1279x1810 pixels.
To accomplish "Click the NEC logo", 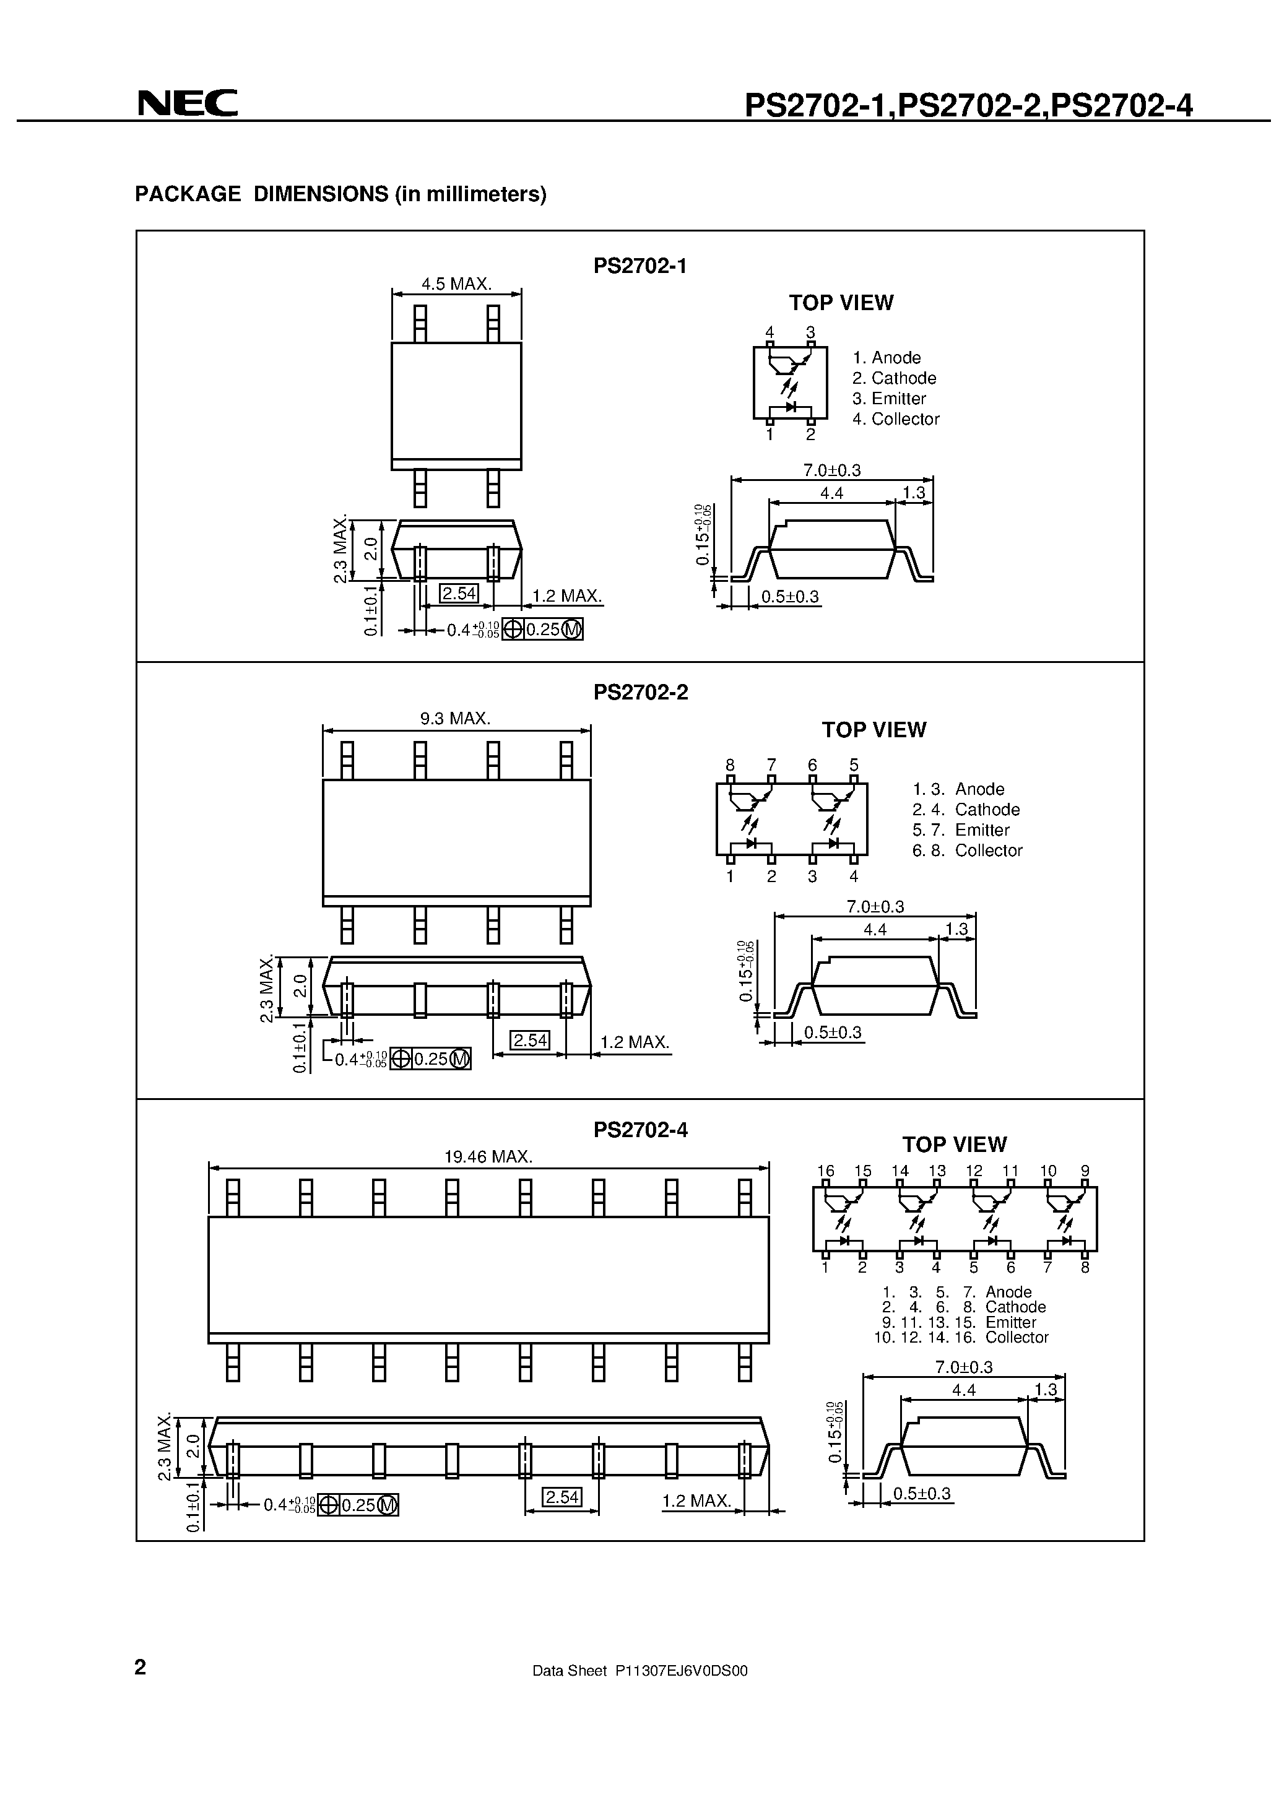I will pyautogui.click(x=187, y=103).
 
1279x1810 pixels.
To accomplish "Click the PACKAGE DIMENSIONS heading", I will pyautogui.click(x=340, y=194).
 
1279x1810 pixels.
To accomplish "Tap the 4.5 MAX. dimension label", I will pyautogui.click(x=456, y=284).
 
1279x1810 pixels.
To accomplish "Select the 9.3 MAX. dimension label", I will pyautogui.click(x=455, y=718).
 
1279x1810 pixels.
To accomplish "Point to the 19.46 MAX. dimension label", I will pyautogui.click(x=488, y=1156).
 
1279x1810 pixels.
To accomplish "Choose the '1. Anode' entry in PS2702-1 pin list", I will pyautogui.click(x=887, y=358).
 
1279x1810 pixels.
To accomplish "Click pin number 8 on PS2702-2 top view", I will pyautogui.click(x=730, y=764).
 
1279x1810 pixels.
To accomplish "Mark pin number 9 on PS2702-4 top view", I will pyautogui.click(x=1085, y=1171).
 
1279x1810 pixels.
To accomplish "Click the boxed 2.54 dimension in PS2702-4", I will pyautogui.click(x=562, y=1497).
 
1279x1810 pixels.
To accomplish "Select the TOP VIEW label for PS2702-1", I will pyautogui.click(x=841, y=303).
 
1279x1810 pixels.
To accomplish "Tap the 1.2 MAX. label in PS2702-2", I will pyautogui.click(x=634, y=1042).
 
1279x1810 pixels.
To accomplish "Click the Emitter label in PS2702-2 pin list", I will pyautogui.click(x=982, y=830).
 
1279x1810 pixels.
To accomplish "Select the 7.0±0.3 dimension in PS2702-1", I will pyautogui.click(x=832, y=470).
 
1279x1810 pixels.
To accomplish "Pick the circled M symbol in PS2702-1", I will pyautogui.click(x=573, y=630).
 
